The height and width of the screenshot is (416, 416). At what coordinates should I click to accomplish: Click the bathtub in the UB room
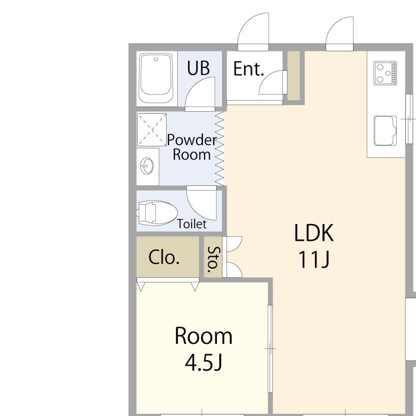click(156, 78)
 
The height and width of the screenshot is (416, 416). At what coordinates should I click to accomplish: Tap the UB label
click(198, 68)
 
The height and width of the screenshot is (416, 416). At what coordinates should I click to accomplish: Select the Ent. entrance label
click(248, 69)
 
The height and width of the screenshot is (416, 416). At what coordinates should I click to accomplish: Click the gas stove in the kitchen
click(385, 73)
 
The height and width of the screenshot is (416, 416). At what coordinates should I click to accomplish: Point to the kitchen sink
click(385, 131)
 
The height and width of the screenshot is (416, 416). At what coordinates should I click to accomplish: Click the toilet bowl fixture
click(157, 213)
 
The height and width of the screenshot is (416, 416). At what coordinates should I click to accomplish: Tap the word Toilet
click(191, 224)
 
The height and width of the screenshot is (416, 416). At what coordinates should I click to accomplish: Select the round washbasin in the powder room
click(147, 166)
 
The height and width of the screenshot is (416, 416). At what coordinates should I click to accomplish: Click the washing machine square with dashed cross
click(152, 130)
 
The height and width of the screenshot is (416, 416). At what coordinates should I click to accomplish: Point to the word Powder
click(192, 140)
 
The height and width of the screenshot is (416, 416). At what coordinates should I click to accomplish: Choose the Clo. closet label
click(164, 257)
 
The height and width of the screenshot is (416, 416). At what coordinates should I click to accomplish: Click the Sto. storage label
click(213, 260)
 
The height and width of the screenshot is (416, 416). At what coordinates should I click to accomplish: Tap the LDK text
click(313, 233)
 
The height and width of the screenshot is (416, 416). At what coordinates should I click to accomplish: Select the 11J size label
click(314, 259)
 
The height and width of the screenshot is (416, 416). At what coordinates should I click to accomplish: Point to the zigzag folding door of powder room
click(219, 148)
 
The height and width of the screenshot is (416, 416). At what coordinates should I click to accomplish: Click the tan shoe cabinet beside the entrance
click(294, 76)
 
